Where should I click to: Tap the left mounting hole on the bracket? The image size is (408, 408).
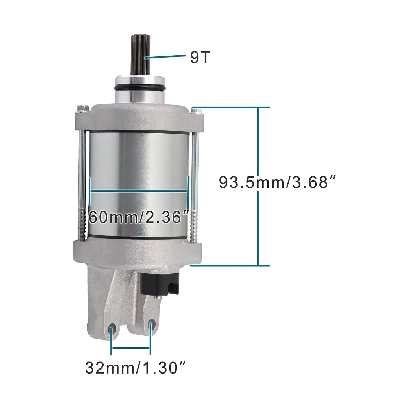point(112,330)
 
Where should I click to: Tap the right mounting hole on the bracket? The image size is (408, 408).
point(151,326)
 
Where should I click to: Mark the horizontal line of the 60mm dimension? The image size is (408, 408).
point(138,191)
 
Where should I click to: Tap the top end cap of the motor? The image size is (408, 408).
point(138,116)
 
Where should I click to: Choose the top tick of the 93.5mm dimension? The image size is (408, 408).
point(230,108)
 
